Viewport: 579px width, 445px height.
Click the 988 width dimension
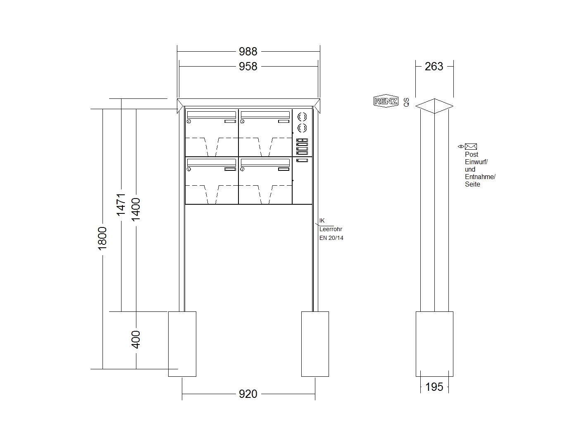coord(248,51)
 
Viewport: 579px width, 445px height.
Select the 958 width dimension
coord(248,67)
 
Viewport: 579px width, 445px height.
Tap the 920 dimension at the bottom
coord(248,394)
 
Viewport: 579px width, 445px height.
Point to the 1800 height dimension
coord(102,238)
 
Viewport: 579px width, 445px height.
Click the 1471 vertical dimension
coord(121,204)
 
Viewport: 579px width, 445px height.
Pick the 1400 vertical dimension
coord(136,210)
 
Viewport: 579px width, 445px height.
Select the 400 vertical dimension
coord(136,340)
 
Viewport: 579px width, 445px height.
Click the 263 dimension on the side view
coord(434,67)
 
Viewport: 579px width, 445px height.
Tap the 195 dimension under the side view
coord(434,387)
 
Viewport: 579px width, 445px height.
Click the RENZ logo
coord(386,101)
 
